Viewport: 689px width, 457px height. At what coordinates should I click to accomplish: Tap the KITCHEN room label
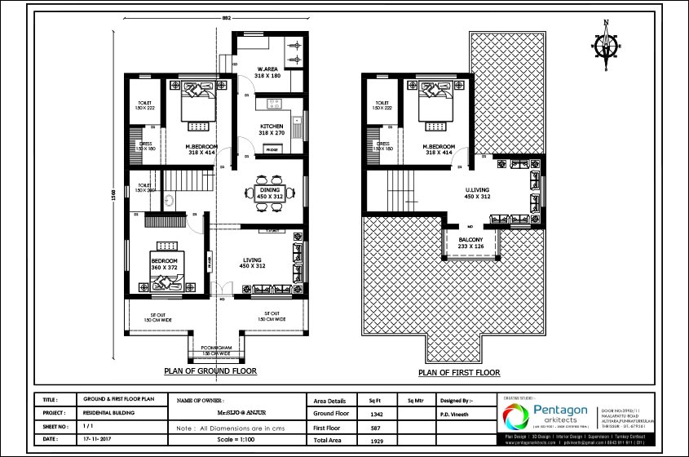click(272, 126)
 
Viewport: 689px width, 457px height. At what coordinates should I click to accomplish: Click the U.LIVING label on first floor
click(478, 193)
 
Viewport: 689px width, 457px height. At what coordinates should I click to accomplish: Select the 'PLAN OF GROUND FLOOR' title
click(210, 370)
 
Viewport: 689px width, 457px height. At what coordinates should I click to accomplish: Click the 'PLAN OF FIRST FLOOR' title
click(459, 372)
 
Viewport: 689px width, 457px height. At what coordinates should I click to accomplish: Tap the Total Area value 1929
click(377, 440)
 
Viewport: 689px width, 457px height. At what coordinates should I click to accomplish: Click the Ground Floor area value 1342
click(377, 414)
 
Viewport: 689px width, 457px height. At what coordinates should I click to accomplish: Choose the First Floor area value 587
click(377, 427)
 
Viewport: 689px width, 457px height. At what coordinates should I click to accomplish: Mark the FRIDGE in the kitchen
click(271, 149)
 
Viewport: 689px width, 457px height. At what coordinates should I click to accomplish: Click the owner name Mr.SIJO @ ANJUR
click(241, 414)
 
